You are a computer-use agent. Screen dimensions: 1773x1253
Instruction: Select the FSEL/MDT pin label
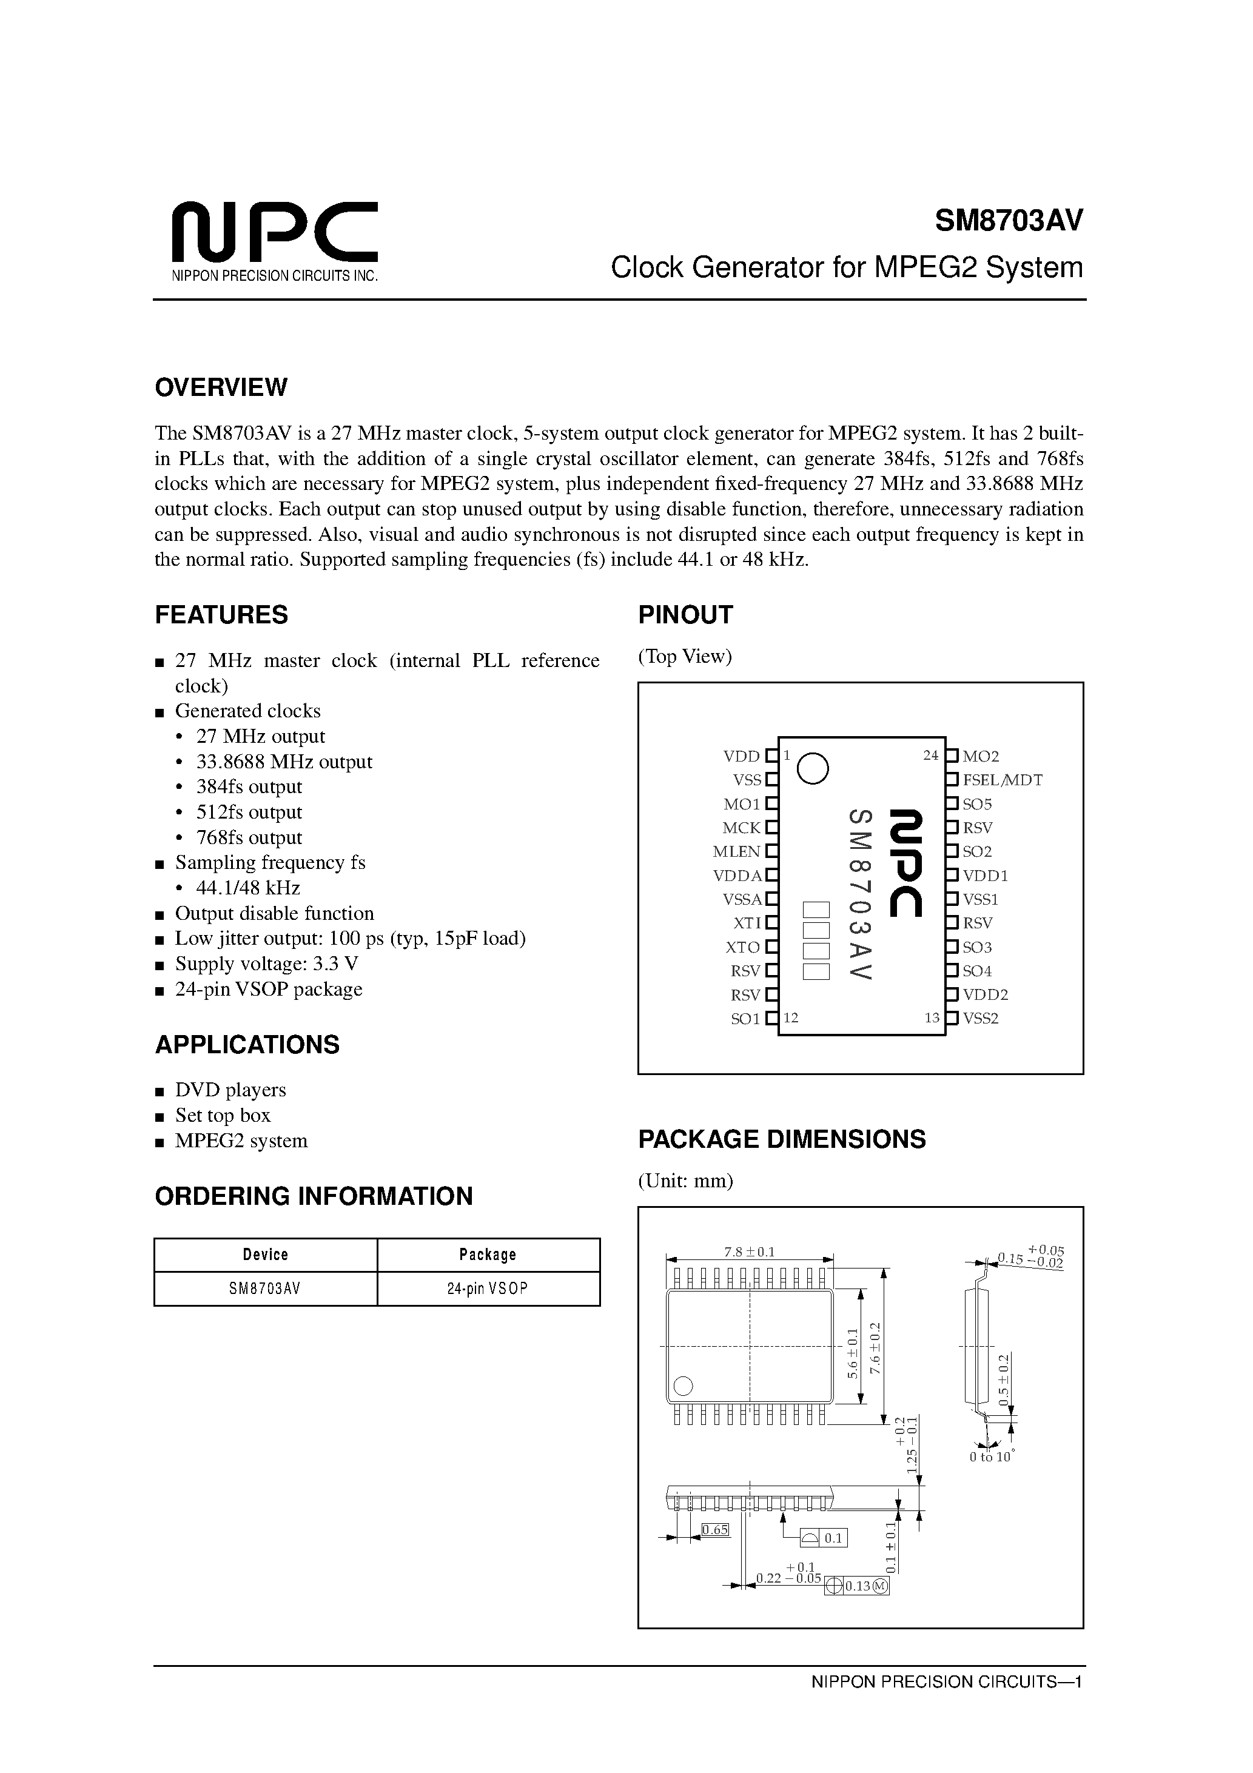(x=1002, y=780)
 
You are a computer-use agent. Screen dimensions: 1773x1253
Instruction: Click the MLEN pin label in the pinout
(x=736, y=852)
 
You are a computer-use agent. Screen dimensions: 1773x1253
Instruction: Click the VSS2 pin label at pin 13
(x=980, y=1019)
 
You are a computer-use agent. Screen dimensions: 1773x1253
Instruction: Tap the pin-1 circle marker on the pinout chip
(x=813, y=768)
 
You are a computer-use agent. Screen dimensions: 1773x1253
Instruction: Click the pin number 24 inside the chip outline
(x=930, y=756)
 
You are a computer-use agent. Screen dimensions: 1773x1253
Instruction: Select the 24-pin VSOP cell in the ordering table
(x=488, y=1289)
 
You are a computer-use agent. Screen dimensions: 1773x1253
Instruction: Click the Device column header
(x=265, y=1255)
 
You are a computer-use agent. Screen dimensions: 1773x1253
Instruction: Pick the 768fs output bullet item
(x=248, y=838)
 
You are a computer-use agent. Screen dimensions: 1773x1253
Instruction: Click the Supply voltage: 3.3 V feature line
(x=266, y=964)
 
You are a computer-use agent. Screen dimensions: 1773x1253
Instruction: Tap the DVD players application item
(x=230, y=1090)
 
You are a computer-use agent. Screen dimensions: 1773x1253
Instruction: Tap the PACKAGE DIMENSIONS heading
(x=781, y=1140)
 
